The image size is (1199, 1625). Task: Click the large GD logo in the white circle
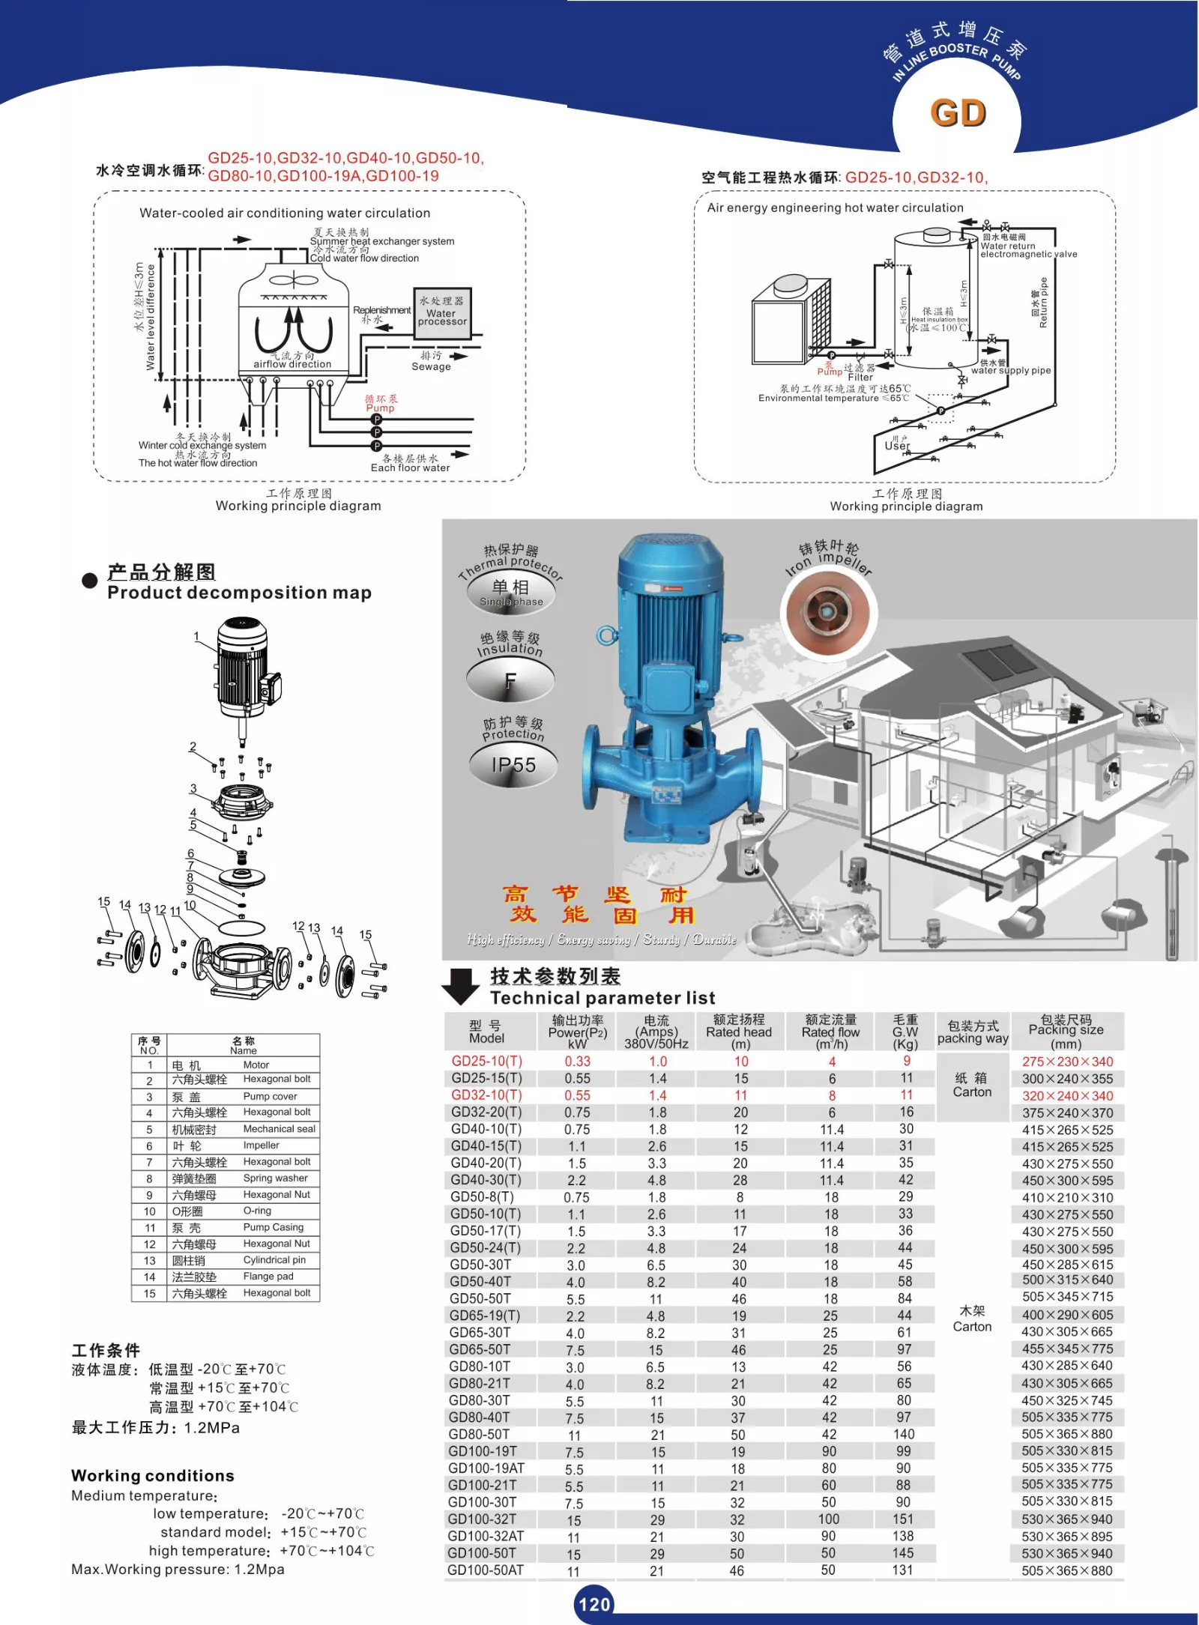(x=958, y=113)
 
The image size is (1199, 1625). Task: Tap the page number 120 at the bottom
(x=594, y=1603)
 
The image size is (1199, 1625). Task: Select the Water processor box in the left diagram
(x=442, y=312)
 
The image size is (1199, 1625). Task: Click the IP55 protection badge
(x=513, y=765)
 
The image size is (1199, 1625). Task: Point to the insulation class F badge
(x=510, y=680)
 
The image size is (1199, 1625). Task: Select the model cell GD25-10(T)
(x=486, y=1061)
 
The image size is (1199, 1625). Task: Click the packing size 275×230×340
(x=1067, y=1061)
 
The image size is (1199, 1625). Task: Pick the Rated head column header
(x=739, y=1031)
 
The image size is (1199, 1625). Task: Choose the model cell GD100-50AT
(x=486, y=1570)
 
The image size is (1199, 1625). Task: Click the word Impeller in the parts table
(x=261, y=1145)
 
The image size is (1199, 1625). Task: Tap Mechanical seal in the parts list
(x=279, y=1128)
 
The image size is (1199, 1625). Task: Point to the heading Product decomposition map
(x=239, y=593)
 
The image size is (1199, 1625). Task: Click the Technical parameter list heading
(x=602, y=997)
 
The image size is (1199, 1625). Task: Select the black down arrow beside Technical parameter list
(x=461, y=986)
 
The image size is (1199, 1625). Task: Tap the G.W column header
(x=905, y=1031)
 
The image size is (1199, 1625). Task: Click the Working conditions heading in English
(x=153, y=1475)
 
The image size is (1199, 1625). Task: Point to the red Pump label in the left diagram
(x=380, y=408)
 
